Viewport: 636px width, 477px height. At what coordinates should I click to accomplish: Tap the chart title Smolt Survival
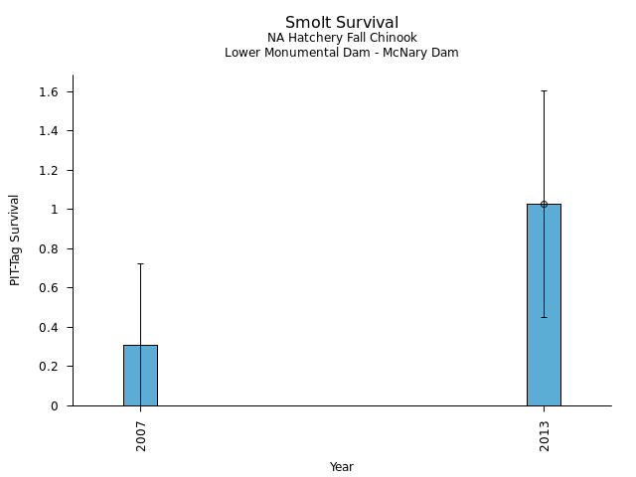tap(342, 23)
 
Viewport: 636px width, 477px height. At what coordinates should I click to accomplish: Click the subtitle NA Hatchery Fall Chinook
tap(342, 38)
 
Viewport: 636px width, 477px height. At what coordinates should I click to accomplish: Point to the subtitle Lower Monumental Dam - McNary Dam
tap(342, 53)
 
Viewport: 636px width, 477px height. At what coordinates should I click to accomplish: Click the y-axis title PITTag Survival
tap(15, 239)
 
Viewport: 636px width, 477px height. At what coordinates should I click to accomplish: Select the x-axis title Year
tap(342, 467)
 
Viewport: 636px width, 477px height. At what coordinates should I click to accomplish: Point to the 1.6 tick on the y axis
tap(50, 92)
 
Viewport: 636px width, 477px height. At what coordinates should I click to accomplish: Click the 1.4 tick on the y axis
tap(50, 131)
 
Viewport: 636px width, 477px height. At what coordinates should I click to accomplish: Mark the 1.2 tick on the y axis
tap(50, 171)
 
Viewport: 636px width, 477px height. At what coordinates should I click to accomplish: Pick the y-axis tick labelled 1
tap(56, 210)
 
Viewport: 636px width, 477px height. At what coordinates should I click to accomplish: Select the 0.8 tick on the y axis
tap(50, 249)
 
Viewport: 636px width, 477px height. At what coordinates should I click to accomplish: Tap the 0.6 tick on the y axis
tap(50, 288)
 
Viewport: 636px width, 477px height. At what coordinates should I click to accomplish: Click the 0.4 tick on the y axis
tap(50, 328)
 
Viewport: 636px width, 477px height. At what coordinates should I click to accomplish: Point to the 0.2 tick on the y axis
tap(50, 367)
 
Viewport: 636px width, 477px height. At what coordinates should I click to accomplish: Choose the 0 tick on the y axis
tap(56, 405)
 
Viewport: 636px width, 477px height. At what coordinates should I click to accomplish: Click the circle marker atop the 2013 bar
tap(544, 204)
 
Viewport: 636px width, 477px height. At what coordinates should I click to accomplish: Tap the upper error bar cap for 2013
tap(544, 90)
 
